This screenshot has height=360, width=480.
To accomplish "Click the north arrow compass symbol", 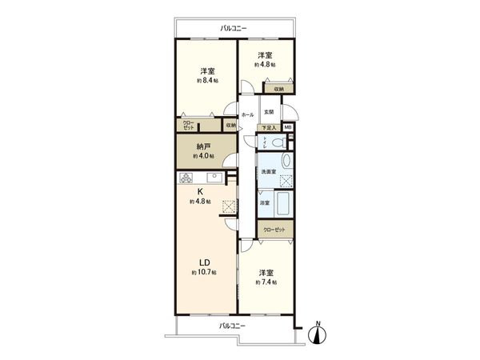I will (318, 333).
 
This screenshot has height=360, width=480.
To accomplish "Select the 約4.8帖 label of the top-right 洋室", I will (265, 64).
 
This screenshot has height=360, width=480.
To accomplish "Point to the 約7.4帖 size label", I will (265, 282).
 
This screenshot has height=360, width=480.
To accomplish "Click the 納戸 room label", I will (203, 146).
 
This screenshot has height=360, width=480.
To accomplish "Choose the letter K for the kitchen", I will (202, 192).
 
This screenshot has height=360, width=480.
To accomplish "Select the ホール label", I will (247, 115).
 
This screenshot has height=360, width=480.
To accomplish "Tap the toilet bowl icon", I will (277, 142).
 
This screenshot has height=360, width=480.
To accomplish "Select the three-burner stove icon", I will (188, 177).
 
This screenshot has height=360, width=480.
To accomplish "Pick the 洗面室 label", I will (267, 173).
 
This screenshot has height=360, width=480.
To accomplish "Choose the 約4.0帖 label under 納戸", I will (203, 157).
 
